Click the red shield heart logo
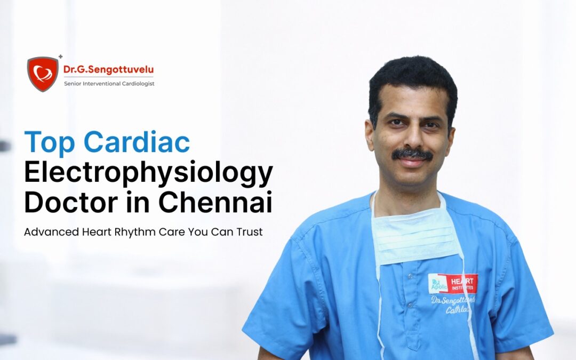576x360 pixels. tap(43, 74)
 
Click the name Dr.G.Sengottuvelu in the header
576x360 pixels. tap(108, 69)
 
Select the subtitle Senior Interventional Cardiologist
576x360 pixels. tap(109, 84)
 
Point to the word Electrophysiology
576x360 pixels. tap(149, 174)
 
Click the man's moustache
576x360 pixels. tap(412, 155)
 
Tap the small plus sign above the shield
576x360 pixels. tap(60, 57)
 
